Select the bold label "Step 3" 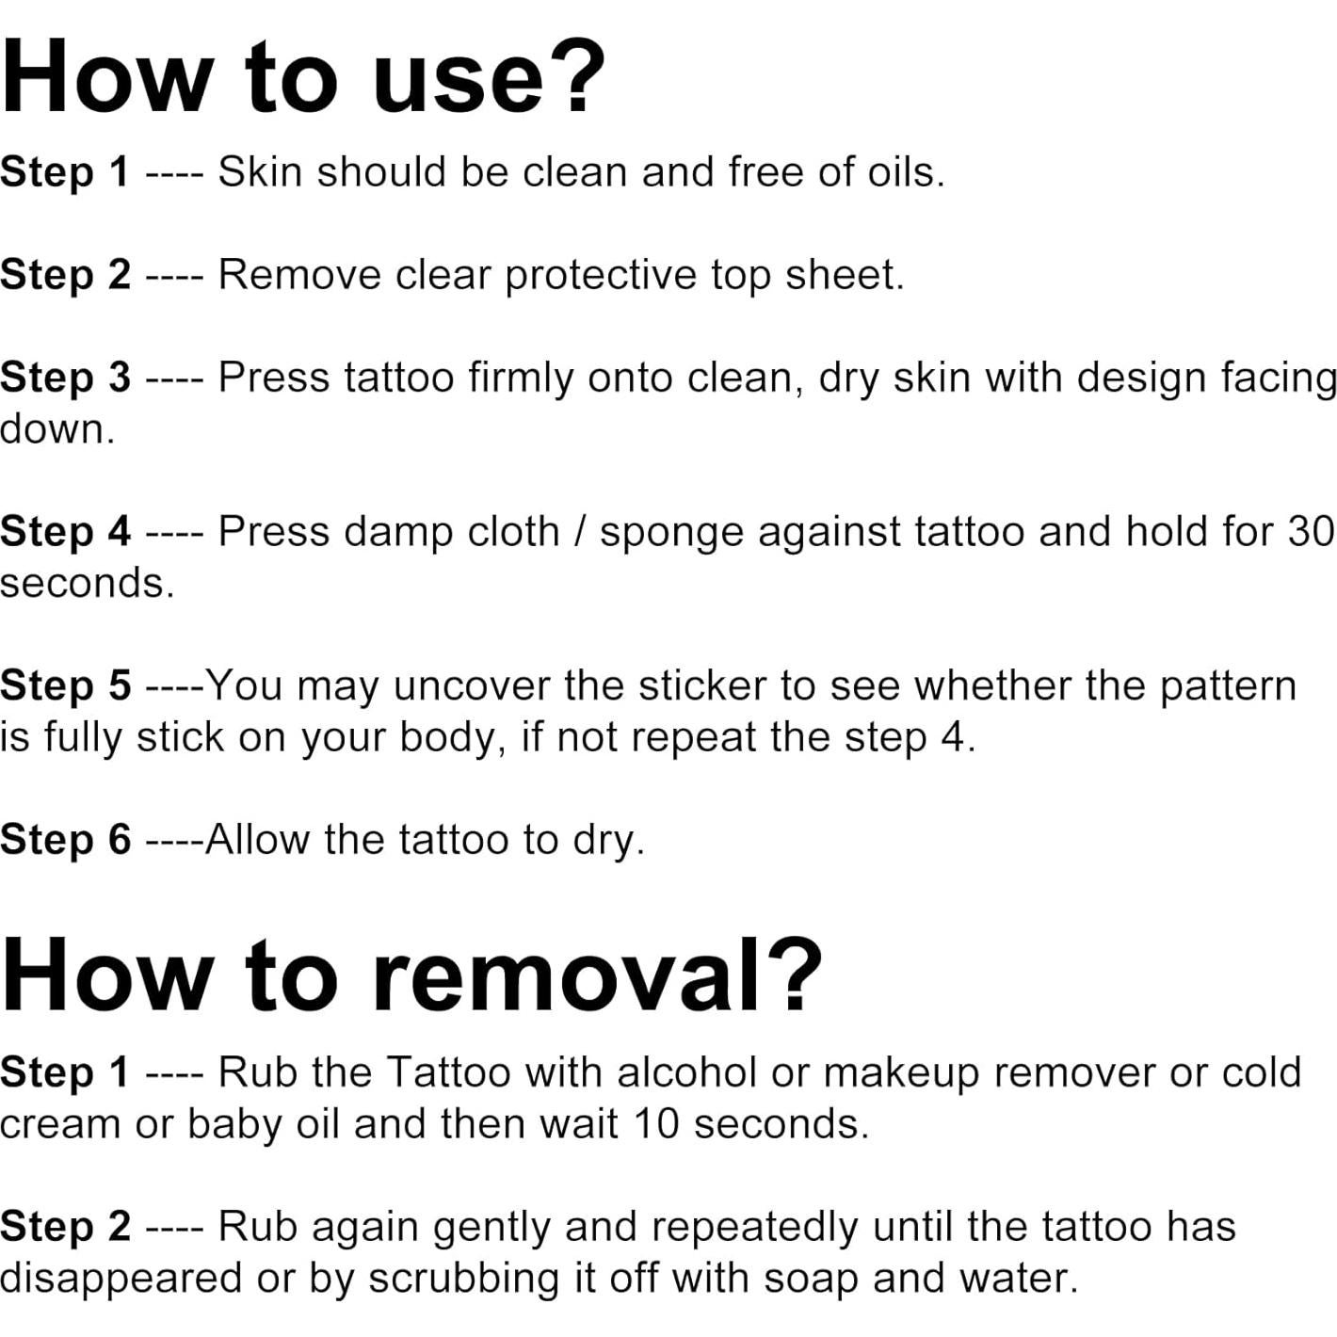(65, 379)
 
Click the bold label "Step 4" (65, 532)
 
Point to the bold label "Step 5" (65, 686)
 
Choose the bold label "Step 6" (65, 840)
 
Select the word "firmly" (521, 379)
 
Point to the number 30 (1311, 532)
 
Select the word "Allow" (256, 840)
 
